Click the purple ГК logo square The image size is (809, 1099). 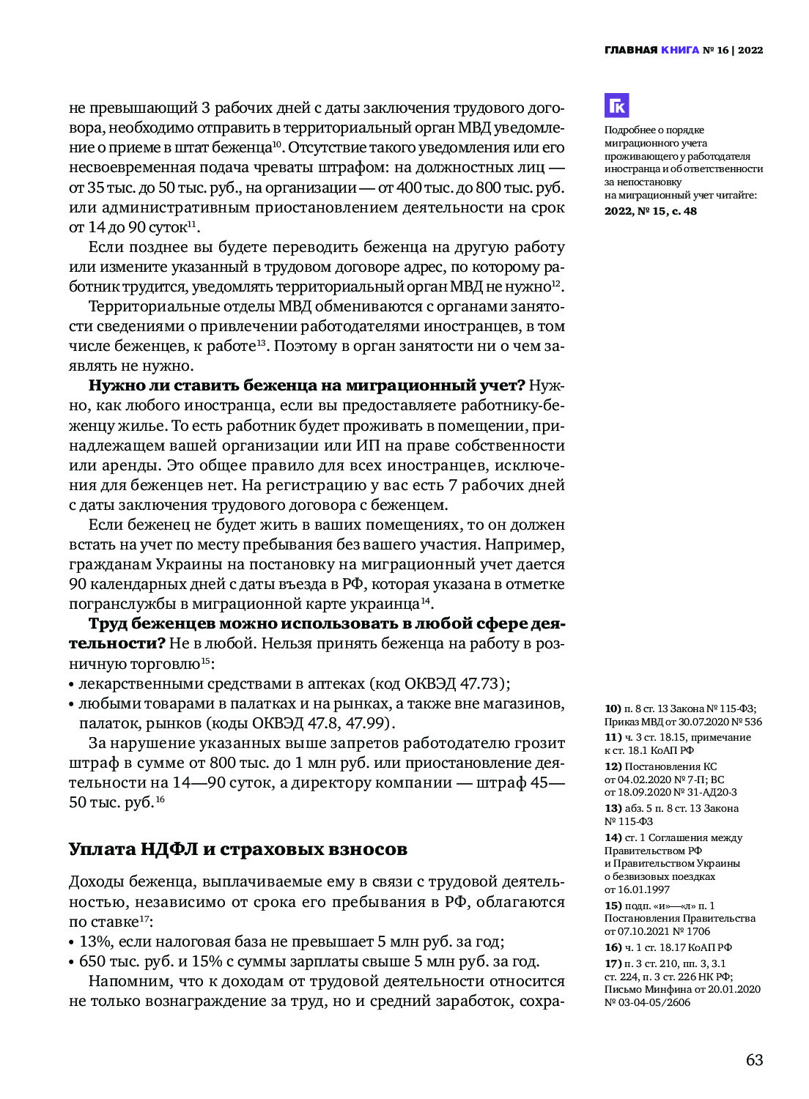[617, 106]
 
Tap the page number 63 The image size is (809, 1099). [754, 1060]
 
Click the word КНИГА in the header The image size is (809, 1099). [680, 51]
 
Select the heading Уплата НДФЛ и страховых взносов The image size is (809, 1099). [238, 849]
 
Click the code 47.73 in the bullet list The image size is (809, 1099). [480, 684]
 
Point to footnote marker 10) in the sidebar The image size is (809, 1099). [613, 708]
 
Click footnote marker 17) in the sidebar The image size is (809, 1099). [613, 963]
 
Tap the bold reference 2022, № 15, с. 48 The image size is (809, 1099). [651, 211]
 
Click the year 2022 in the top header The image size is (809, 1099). [750, 51]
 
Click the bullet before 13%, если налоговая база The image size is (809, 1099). [72, 942]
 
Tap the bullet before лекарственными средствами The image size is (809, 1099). [72, 684]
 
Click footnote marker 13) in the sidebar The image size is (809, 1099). [613, 808]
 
